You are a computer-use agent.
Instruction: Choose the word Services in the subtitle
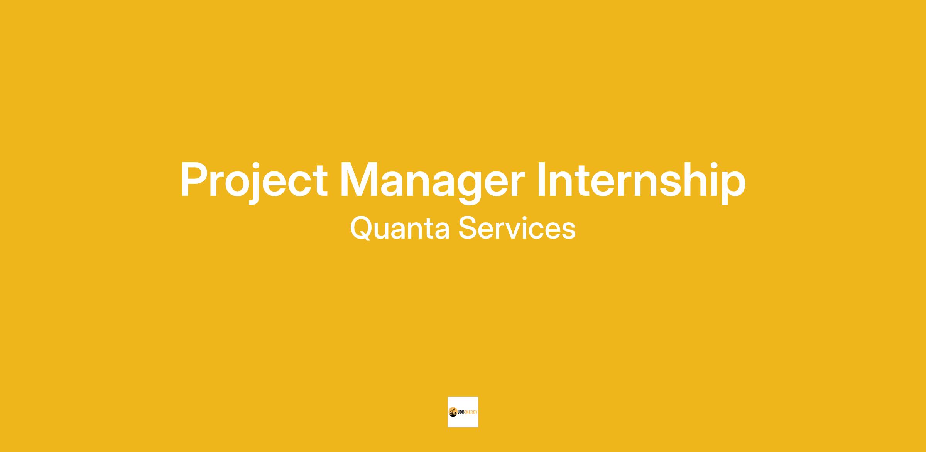coord(517,228)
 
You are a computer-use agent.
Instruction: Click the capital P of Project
coord(195,180)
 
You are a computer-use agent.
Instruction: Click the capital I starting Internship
coord(542,180)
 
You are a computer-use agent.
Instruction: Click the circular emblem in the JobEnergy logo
coord(453,412)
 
